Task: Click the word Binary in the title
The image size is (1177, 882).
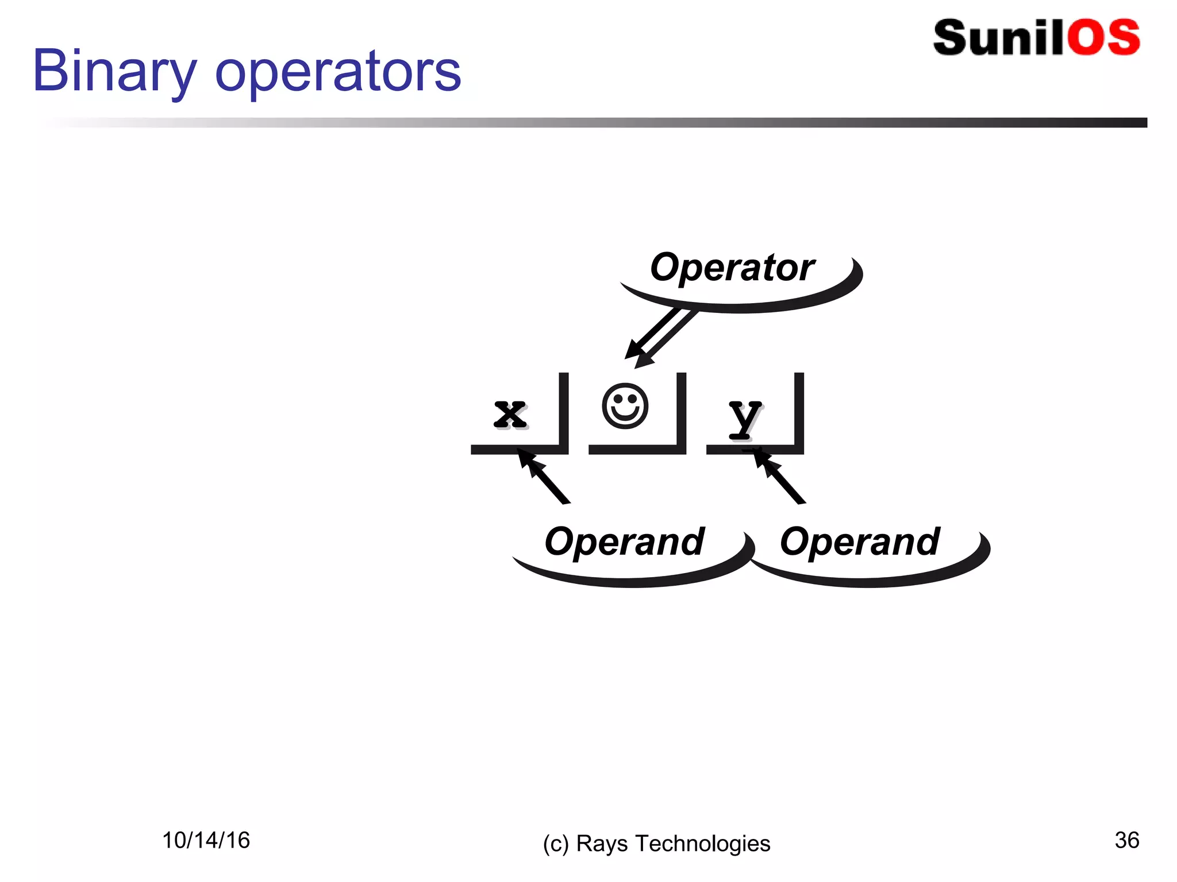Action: pos(114,72)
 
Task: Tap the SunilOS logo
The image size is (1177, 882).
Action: pos(1036,38)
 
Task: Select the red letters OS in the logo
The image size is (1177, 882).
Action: pos(1103,38)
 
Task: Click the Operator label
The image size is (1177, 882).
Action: pos(732,268)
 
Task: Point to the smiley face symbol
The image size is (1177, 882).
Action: pos(625,406)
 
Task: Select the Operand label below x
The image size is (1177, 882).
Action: pos(624,541)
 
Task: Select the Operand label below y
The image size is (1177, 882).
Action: pos(860,541)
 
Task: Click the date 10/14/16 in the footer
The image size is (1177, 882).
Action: pos(206,840)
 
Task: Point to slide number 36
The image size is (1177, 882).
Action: pos(1126,840)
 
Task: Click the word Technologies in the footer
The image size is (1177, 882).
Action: pos(702,844)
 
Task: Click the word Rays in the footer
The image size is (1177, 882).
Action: pos(602,844)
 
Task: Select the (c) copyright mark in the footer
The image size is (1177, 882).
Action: pos(556,844)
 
